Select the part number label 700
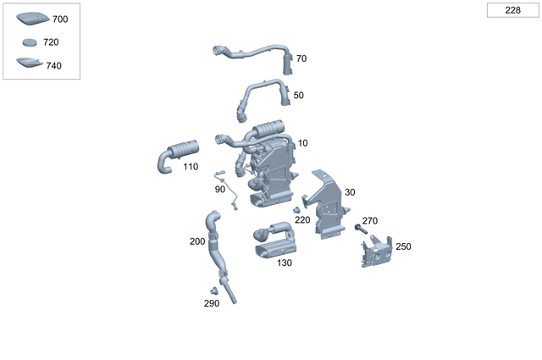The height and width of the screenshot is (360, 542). pyautogui.click(x=61, y=19)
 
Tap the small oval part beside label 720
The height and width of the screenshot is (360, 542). pyautogui.click(x=30, y=42)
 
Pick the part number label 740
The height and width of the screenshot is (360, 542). pyautogui.click(x=54, y=65)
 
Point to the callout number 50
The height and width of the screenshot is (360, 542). pyautogui.click(x=298, y=96)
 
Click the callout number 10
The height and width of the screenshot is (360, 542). pyautogui.click(x=302, y=142)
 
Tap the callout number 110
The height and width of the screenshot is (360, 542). pyautogui.click(x=191, y=167)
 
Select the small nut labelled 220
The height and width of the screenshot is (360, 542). pyautogui.click(x=296, y=209)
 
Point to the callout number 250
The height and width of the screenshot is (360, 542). pyautogui.click(x=403, y=246)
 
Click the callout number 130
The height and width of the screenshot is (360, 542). pyautogui.click(x=284, y=263)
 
